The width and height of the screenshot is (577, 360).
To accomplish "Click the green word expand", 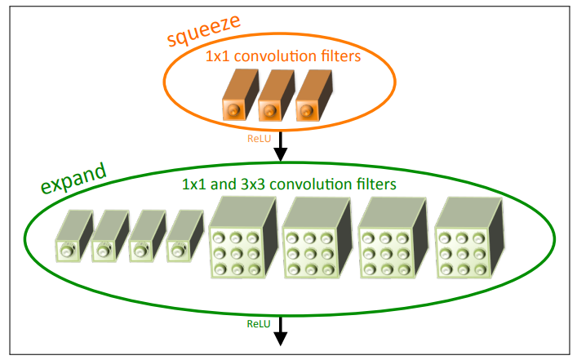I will point(73,178).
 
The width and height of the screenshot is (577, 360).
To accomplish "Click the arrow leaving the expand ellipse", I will point(281,330).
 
